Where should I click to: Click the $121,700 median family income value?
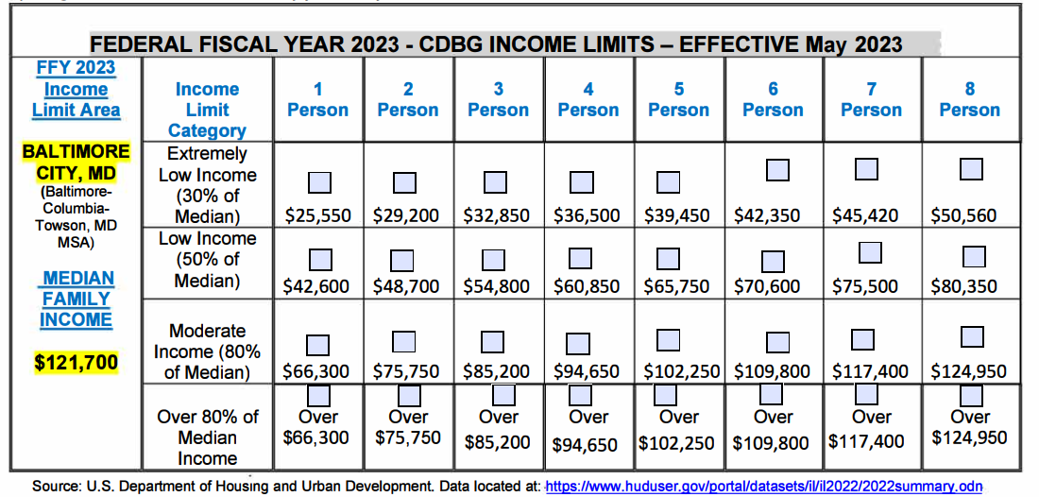pyautogui.click(x=76, y=362)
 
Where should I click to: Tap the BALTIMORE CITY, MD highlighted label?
pyautogui.click(x=76, y=163)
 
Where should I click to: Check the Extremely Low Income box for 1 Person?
pyautogui.click(x=318, y=181)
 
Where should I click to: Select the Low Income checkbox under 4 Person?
pyautogui.click(x=580, y=258)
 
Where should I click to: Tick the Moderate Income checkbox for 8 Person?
pyautogui.click(x=972, y=336)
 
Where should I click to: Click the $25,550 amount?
pyautogui.click(x=318, y=215)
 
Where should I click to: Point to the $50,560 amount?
pyautogui.click(x=963, y=215)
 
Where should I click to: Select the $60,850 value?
pyautogui.click(x=588, y=285)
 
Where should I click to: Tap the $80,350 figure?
pyautogui.click(x=963, y=285)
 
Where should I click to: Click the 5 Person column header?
pyautogui.click(x=678, y=99)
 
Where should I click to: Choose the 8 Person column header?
pyautogui.click(x=969, y=99)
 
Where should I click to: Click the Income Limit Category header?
pyautogui.click(x=207, y=110)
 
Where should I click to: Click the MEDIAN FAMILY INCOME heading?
pyautogui.click(x=76, y=299)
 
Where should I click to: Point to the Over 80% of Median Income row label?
pyautogui.click(x=207, y=437)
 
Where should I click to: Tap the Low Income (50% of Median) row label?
pyautogui.click(x=207, y=260)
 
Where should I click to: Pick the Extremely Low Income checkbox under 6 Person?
pyautogui.click(x=777, y=170)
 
